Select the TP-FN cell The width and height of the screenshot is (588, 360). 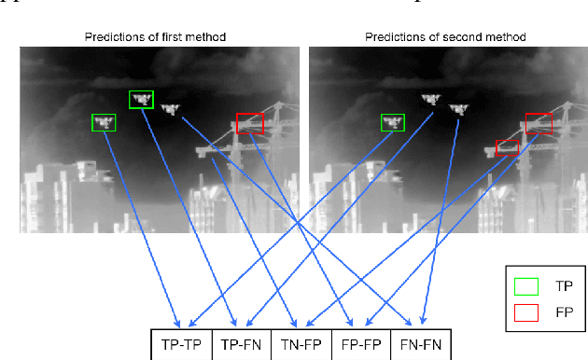coord(242,344)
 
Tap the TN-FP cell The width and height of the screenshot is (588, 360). coord(301,344)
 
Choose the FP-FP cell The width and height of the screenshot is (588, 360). coord(359,344)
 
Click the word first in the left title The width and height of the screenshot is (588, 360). coord(167,37)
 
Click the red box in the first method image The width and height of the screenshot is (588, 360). coord(250,123)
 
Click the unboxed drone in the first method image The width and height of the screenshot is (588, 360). coord(170,109)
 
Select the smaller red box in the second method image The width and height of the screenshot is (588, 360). coord(507,145)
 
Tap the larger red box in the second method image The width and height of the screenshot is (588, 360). coord(539,122)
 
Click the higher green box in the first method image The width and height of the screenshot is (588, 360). coord(141,99)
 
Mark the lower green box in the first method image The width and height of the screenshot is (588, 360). coord(104,122)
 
